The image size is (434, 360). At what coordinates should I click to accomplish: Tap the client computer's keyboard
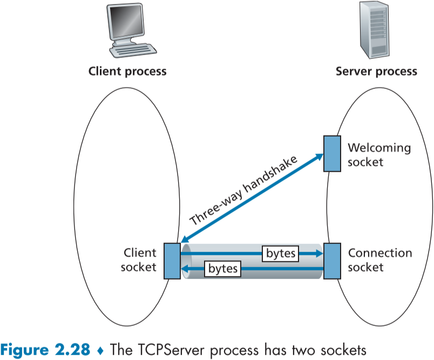133,51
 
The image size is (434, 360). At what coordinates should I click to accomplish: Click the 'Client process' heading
127,71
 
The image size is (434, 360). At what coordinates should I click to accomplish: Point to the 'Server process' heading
376,71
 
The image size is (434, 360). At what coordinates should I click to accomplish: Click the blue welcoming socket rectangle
331,153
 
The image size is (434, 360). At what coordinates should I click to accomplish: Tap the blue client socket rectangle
172,261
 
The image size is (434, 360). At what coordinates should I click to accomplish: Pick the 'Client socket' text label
140,260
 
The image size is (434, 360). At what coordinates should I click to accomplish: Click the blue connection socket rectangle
331,261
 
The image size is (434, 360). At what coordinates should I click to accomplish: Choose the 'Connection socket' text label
379,260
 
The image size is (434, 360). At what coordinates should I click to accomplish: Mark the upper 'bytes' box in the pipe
280,253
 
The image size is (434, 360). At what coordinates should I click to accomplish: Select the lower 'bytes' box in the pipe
222,268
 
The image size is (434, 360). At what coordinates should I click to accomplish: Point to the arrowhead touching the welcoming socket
318,158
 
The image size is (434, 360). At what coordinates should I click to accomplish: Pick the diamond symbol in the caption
100,350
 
